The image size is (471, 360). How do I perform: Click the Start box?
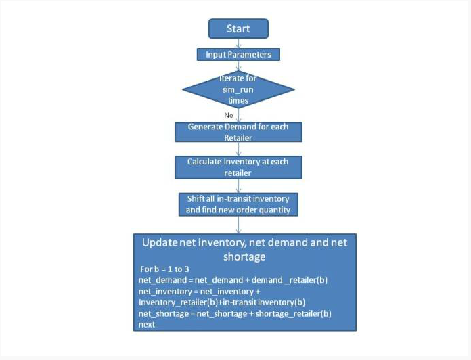238,28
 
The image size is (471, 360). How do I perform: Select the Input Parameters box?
238,55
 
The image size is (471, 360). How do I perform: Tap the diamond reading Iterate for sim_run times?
238,89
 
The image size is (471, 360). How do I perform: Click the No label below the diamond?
228,115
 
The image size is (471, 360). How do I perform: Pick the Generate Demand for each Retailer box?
238,132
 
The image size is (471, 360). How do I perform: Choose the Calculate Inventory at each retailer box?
238,167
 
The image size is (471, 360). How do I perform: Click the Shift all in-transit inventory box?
238,204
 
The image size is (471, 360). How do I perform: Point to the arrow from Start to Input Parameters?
238,43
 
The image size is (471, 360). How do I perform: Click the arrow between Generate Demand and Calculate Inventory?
238,149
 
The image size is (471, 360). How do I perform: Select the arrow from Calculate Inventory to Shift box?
238,186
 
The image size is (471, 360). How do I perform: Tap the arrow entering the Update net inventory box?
238,225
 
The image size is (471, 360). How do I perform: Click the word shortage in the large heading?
244,256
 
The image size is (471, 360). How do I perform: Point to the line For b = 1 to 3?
164,269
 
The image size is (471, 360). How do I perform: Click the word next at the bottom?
147,325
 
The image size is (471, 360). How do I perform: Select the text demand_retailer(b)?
290,280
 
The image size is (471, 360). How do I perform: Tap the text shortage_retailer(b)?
294,314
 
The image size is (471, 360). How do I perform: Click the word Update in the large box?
159,243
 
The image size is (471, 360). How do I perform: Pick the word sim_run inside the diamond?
238,89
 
